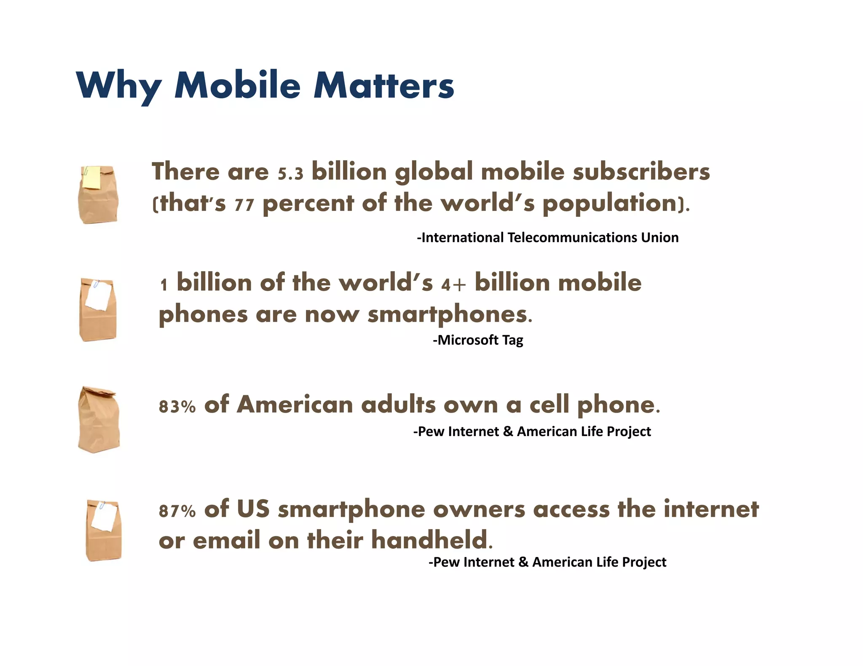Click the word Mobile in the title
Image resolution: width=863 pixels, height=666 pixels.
point(237,85)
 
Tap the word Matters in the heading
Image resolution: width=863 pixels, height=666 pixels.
point(383,85)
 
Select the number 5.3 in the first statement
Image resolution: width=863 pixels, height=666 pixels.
point(290,173)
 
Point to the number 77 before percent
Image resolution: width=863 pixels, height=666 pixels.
point(244,205)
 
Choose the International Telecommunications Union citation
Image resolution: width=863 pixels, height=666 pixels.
point(548,237)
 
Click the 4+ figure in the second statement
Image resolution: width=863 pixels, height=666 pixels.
point(453,285)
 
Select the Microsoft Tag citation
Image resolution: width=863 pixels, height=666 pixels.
point(478,340)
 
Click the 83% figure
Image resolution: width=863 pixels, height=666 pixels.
point(177,406)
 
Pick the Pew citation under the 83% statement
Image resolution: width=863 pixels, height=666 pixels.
point(532,432)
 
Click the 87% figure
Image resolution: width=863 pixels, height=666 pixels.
point(177,511)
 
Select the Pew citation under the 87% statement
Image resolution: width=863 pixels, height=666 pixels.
point(547,562)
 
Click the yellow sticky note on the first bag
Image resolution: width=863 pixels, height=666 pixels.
point(92,177)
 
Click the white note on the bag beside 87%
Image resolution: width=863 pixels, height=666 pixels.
point(104,516)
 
